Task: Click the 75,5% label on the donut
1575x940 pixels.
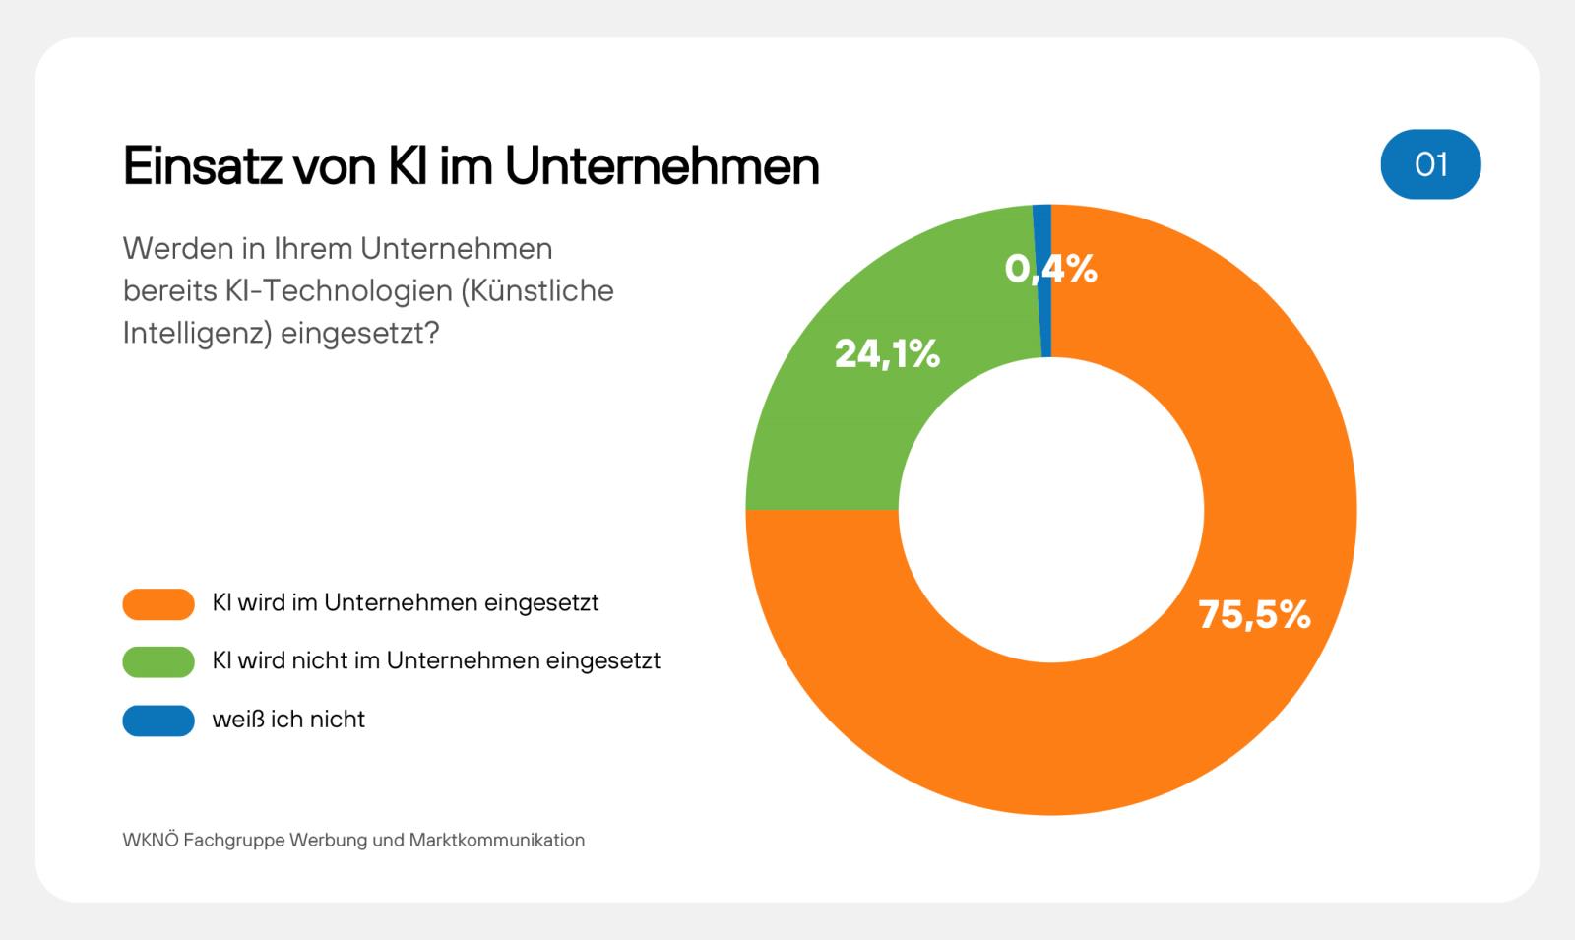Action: click(x=1254, y=615)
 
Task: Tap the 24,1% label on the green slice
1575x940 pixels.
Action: click(x=887, y=353)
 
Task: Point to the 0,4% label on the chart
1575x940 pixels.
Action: click(x=1050, y=268)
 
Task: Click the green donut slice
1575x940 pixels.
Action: click(x=837, y=433)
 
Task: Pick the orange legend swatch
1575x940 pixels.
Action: click(x=158, y=603)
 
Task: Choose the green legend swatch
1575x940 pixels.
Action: click(x=158, y=661)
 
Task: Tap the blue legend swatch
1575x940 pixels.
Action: click(x=158, y=720)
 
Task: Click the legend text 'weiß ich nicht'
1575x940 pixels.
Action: click(x=288, y=720)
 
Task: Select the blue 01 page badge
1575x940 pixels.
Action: click(x=1430, y=164)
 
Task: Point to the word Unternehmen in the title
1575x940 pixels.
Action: click(x=661, y=165)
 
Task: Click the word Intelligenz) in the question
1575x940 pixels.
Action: click(x=197, y=334)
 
